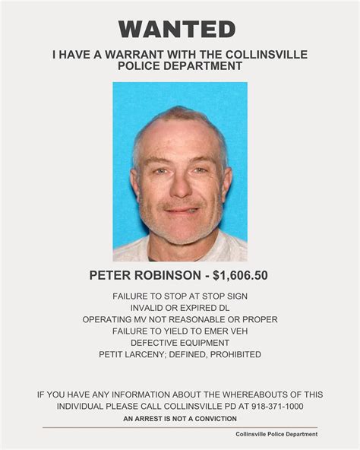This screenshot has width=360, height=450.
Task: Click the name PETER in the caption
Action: pyautogui.click(x=112, y=275)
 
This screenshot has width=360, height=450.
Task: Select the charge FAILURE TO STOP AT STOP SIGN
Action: pyautogui.click(x=180, y=295)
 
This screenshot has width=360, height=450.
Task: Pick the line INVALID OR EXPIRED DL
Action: pyautogui.click(x=180, y=307)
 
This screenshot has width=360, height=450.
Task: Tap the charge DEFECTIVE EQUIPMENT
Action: pyautogui.click(x=180, y=343)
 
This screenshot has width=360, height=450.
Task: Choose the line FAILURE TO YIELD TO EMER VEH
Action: pyautogui.click(x=180, y=331)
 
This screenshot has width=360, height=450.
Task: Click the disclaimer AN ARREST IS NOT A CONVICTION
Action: pyautogui.click(x=180, y=419)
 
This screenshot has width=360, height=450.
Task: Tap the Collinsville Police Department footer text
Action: pyautogui.click(x=276, y=434)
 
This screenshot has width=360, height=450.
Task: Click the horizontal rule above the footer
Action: pyautogui.click(x=180, y=427)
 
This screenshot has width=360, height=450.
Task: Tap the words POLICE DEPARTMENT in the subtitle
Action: pyautogui.click(x=180, y=66)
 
